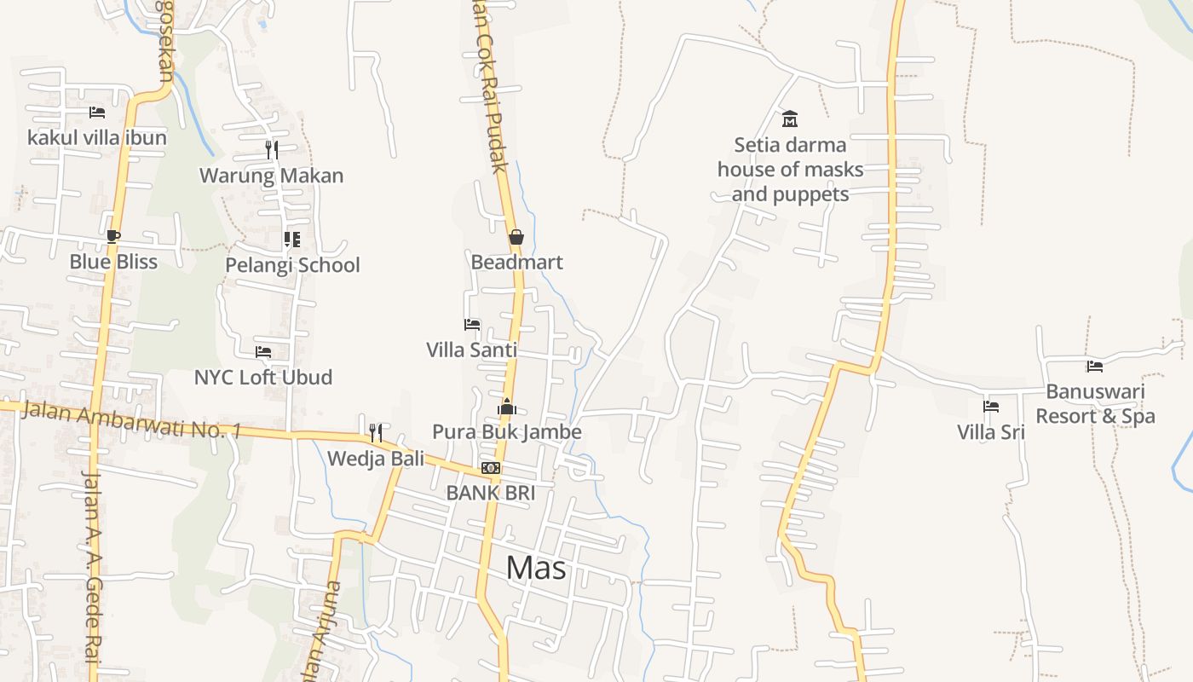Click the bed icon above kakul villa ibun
tap(97, 112)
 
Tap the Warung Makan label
tap(271, 176)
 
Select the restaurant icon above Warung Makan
tap(271, 150)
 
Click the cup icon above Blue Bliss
tap(113, 236)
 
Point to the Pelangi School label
tap(292, 265)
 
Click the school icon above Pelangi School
tap(291, 239)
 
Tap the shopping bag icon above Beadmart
tap(516, 237)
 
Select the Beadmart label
tap(516, 262)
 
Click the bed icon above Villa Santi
tap(471, 325)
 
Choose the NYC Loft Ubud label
tap(262, 377)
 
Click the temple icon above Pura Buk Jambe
tap(507, 407)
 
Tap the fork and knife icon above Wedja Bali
tap(375, 432)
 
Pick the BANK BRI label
tap(490, 493)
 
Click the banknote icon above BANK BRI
tap(490, 468)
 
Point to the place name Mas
tap(536, 567)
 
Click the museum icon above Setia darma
tap(790, 118)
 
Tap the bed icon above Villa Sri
tap(990, 407)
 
